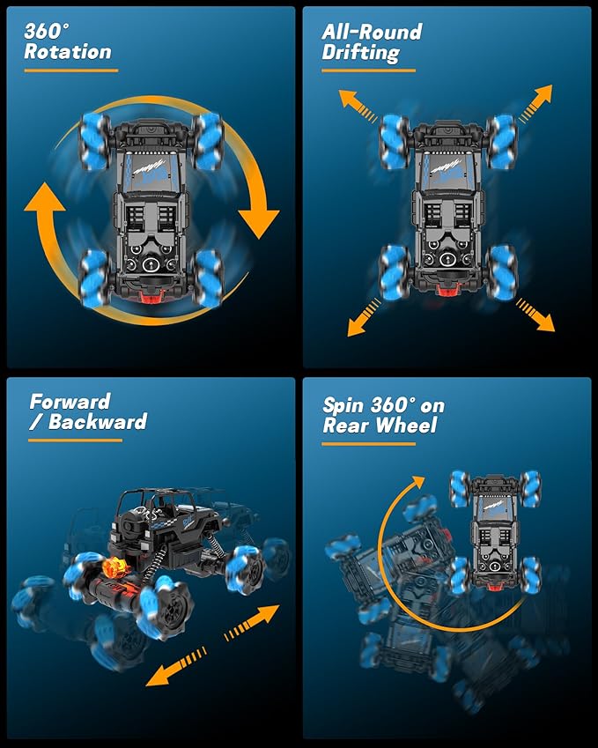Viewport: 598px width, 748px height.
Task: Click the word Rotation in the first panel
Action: tap(68, 51)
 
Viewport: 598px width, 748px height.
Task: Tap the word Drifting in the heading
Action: tap(360, 53)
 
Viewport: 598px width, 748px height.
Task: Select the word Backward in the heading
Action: tap(98, 422)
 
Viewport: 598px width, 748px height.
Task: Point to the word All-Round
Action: tap(372, 32)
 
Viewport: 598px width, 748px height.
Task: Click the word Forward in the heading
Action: tap(70, 402)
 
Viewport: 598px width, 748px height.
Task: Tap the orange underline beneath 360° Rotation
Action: tap(71, 70)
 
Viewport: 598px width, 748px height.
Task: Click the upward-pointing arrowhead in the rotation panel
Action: tap(44, 196)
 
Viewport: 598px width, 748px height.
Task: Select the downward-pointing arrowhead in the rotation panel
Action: tap(258, 223)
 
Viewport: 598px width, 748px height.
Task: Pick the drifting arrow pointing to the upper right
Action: tap(535, 102)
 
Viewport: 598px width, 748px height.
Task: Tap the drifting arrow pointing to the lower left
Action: tap(365, 317)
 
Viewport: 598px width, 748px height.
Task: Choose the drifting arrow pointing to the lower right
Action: tap(535, 315)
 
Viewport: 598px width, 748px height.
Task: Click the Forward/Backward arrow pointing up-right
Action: tap(252, 623)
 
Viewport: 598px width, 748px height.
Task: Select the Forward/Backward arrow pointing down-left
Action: tap(176, 666)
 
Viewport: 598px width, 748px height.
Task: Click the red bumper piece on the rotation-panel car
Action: tap(151, 297)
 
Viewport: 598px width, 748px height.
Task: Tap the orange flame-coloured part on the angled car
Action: tap(114, 567)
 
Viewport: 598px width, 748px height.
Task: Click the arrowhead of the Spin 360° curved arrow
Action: tap(417, 482)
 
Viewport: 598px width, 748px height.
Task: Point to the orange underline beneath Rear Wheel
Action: tap(369, 444)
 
